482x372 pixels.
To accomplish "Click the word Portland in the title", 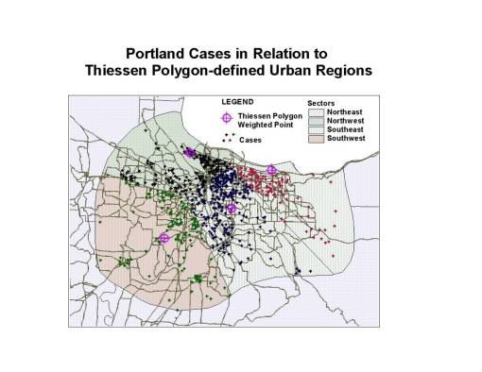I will (159, 54).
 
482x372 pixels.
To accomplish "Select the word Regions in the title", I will (340, 71).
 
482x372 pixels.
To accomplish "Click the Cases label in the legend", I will (251, 139).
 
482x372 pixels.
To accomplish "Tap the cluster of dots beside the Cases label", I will (227, 138).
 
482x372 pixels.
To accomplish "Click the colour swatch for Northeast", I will (316, 111).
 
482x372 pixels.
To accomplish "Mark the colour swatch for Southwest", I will (316, 139).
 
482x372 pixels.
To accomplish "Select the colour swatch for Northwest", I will (316, 121).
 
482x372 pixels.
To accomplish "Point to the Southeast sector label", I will (348, 130).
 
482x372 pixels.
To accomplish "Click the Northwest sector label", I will (348, 121).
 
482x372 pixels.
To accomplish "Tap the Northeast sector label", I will (347, 111).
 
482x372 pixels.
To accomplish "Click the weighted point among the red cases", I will (271, 170).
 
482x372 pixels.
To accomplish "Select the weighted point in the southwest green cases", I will (164, 238).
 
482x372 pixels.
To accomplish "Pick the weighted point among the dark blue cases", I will (232, 208).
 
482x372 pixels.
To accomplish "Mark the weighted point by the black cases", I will (190, 151).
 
